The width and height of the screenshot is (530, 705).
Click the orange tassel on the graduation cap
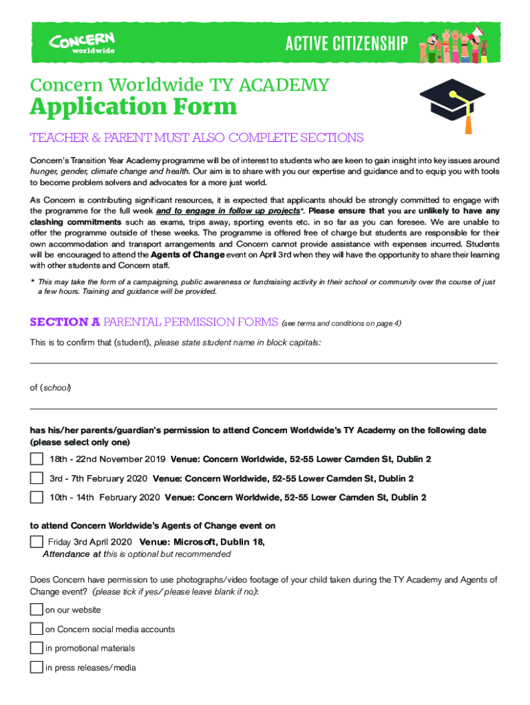tap(469, 124)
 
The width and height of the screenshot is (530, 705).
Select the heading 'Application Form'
tap(134, 107)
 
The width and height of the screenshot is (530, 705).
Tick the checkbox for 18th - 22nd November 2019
tap(36, 459)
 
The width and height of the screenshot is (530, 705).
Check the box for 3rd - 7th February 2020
tap(36, 478)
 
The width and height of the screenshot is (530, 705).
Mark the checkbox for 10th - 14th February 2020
tap(36, 497)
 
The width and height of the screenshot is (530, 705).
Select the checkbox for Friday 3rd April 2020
tap(36, 542)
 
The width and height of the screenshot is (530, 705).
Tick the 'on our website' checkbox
tap(36, 610)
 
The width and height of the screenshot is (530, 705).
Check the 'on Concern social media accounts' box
tap(36, 629)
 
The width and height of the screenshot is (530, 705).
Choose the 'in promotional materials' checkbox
tap(36, 649)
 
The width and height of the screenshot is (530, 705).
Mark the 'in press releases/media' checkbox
tap(36, 667)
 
